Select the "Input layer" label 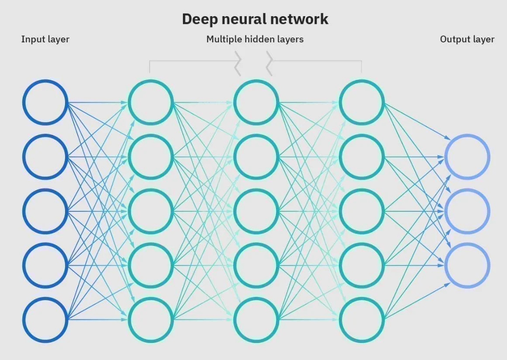pos(45,39)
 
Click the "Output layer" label pos(467,39)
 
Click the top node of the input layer pos(45,102)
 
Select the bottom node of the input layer pos(45,319)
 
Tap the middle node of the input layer pos(45,211)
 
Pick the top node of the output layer pos(467,157)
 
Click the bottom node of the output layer pos(467,265)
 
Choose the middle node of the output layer pos(467,211)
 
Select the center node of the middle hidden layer pos(256,211)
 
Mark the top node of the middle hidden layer pos(256,102)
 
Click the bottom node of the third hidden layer pos(362,319)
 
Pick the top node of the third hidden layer pos(362,102)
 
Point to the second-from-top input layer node pos(45,157)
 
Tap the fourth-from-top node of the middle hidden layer pos(256,265)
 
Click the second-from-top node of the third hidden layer pos(362,157)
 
